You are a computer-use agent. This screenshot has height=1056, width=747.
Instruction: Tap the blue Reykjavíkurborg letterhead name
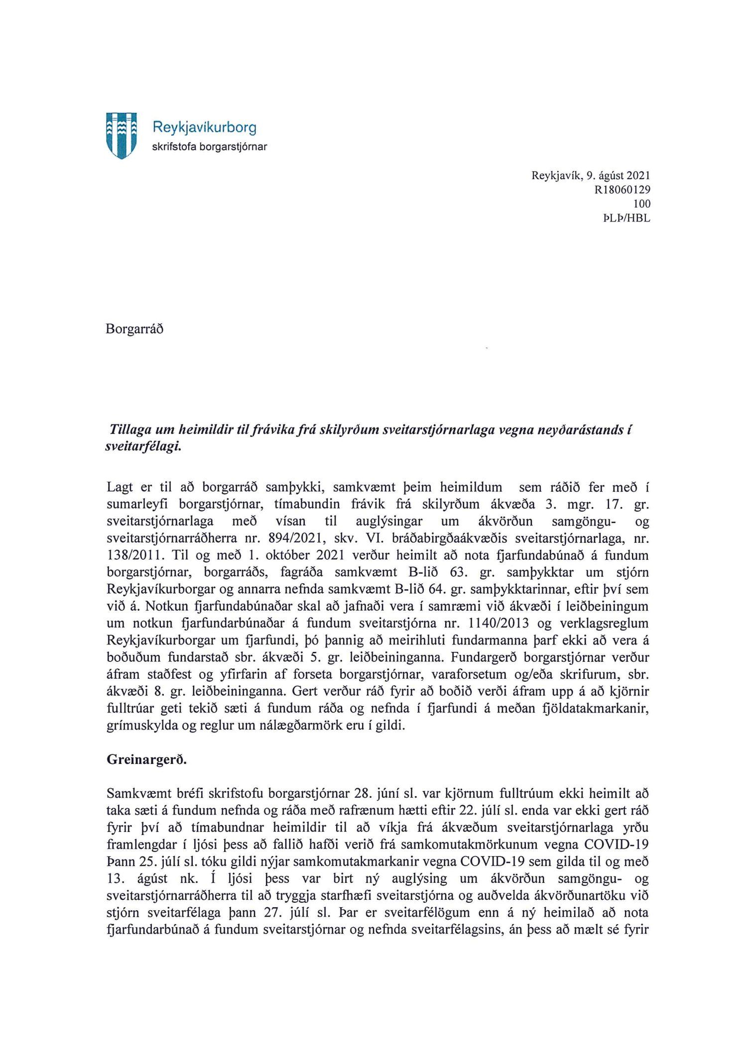pyautogui.click(x=204, y=127)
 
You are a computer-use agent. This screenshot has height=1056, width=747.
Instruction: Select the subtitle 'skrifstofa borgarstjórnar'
pyautogui.click(x=209, y=147)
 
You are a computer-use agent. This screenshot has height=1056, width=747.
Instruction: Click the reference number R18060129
pyautogui.click(x=622, y=190)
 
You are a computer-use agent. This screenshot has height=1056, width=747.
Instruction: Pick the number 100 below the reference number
pyautogui.click(x=641, y=204)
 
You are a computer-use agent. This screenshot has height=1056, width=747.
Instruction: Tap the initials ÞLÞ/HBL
pyautogui.click(x=626, y=218)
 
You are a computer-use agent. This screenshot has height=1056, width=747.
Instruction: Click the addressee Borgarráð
pyautogui.click(x=134, y=329)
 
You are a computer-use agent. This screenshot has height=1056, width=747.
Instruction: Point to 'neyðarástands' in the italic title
pyautogui.click(x=580, y=430)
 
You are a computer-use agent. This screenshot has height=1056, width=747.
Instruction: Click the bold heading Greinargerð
pyautogui.click(x=146, y=760)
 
